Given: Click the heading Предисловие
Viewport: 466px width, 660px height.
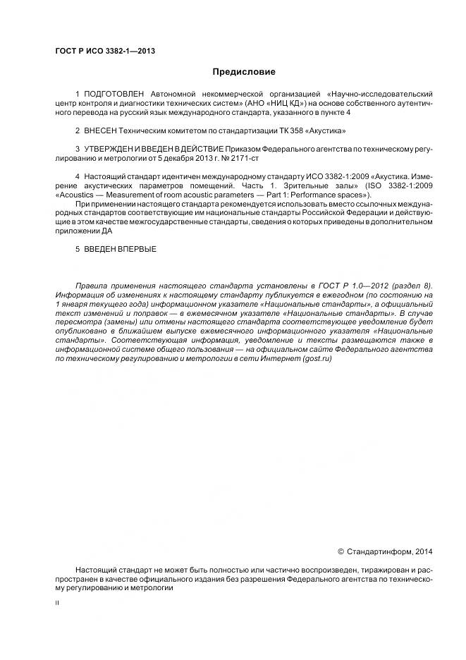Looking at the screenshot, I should point(245,72).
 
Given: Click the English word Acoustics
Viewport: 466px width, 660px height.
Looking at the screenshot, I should point(79,195).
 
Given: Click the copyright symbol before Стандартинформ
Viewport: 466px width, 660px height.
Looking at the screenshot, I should point(341,551).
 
